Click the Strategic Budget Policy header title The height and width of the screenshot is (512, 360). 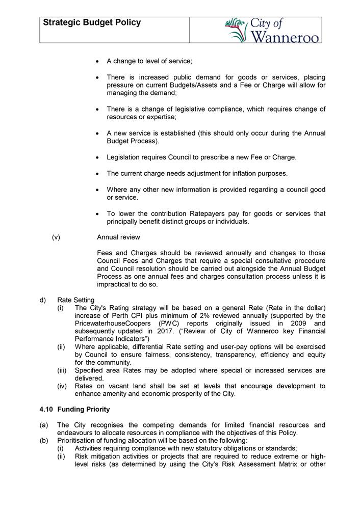click(92, 23)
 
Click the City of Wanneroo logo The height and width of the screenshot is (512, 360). click(272, 30)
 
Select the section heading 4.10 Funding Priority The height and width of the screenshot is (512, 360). click(74, 409)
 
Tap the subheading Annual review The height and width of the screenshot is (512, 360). click(118, 237)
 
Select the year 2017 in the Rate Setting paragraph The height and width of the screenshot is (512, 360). click(158, 331)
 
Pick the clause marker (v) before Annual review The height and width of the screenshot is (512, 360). click(56, 237)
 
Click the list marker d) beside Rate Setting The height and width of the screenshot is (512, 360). click(43, 300)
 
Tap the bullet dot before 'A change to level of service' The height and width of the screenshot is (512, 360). click(97, 62)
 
